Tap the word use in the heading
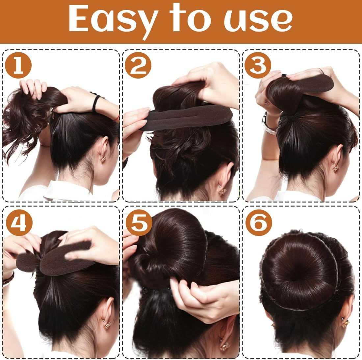coord(259,20)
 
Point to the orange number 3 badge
coord(258,66)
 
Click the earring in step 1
coord(103,159)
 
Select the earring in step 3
coord(336,168)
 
